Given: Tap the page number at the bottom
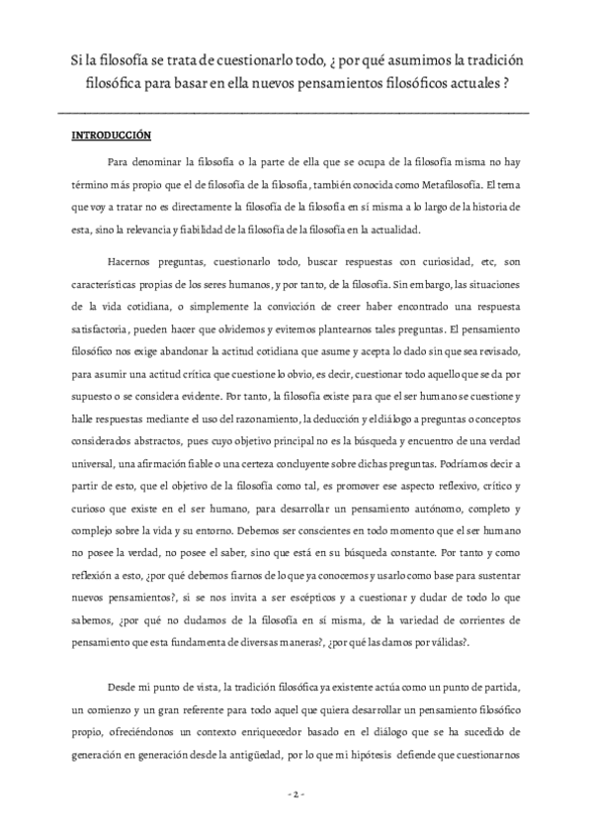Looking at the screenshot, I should point(296,796).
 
